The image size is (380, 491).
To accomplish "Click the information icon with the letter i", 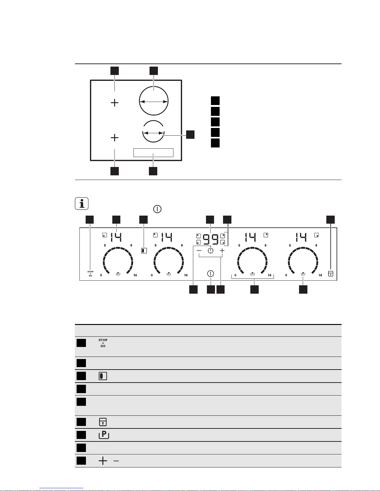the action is coord(82,204).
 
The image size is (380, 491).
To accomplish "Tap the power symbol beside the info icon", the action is coord(157,209).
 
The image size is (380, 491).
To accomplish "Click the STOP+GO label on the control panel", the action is coord(91,274).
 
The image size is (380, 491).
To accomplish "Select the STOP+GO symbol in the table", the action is coord(103,343).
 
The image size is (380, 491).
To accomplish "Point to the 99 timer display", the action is coord(210,239).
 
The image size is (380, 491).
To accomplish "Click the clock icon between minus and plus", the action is coord(211,251).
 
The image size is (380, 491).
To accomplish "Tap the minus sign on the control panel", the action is coord(199,251).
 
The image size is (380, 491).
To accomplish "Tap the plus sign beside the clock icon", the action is coord(222,251).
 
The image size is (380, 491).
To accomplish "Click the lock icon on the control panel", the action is coord(331,274).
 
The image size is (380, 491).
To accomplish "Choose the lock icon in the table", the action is coord(103,422).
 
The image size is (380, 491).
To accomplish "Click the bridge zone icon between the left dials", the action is coord(144,251).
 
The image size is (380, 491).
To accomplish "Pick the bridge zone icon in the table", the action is coord(103,376).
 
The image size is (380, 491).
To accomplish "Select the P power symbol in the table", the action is coord(104,435).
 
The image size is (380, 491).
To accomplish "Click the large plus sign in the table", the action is coord(103,461).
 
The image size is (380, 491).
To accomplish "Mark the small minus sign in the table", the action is coord(116,461).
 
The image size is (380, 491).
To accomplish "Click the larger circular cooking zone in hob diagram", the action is coord(139,101).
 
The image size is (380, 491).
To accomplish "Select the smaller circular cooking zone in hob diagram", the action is coord(153,142).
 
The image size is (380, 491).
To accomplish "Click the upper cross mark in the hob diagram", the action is coord(115,103).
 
